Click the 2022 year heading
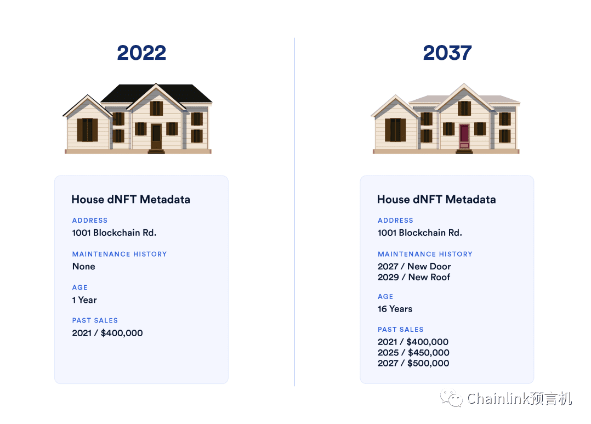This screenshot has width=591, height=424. (141, 53)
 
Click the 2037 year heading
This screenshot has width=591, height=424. (447, 53)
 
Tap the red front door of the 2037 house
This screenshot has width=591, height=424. (464, 137)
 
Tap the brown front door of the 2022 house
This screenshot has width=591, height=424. (156, 137)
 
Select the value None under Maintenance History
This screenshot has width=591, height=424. (84, 267)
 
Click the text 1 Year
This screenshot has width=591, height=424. (84, 300)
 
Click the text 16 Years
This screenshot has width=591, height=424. (395, 309)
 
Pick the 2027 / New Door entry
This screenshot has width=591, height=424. (414, 267)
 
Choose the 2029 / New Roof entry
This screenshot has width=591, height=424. (414, 277)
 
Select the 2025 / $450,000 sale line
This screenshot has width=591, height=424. (413, 353)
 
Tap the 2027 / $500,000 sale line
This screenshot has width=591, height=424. (413, 363)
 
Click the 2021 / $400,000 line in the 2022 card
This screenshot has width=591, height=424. (107, 333)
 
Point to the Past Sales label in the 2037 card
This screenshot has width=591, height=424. (401, 329)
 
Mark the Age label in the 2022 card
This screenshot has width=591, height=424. (80, 287)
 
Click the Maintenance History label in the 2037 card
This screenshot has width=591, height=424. (425, 255)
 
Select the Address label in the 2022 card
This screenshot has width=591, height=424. (90, 221)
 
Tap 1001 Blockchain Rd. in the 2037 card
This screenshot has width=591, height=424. (420, 233)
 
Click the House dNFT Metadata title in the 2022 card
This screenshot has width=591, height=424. (131, 199)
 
